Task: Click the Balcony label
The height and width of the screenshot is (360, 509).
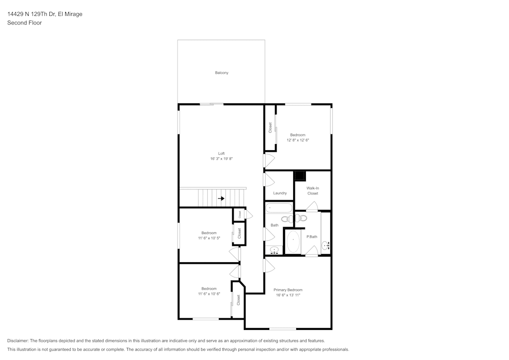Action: click(x=221, y=73)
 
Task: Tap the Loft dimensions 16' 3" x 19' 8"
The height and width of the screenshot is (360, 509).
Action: click(x=221, y=159)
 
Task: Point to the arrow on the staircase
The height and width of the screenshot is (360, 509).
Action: click(x=221, y=199)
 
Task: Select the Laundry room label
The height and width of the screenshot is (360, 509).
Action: click(x=279, y=193)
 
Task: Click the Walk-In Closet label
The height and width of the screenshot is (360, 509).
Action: click(x=313, y=191)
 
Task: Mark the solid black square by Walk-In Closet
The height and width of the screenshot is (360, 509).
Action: click(x=300, y=176)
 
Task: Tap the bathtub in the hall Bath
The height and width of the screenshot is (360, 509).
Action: click(x=278, y=208)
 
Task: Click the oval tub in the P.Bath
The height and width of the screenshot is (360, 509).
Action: click(x=293, y=242)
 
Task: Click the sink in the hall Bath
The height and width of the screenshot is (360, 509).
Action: click(x=275, y=250)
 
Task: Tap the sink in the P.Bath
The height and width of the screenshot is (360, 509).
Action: click(x=326, y=246)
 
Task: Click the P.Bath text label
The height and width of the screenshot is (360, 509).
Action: click(x=312, y=236)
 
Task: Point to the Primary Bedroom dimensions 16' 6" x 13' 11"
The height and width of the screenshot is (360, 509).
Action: click(x=288, y=295)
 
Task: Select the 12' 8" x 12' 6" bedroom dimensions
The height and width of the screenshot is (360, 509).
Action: click(x=298, y=140)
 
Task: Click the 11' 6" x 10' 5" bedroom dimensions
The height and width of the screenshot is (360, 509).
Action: click(x=209, y=238)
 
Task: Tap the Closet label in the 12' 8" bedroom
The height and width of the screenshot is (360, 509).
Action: click(x=270, y=128)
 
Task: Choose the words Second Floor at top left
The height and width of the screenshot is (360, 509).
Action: click(x=24, y=23)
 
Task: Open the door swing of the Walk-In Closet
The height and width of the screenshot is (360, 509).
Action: click(x=312, y=207)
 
